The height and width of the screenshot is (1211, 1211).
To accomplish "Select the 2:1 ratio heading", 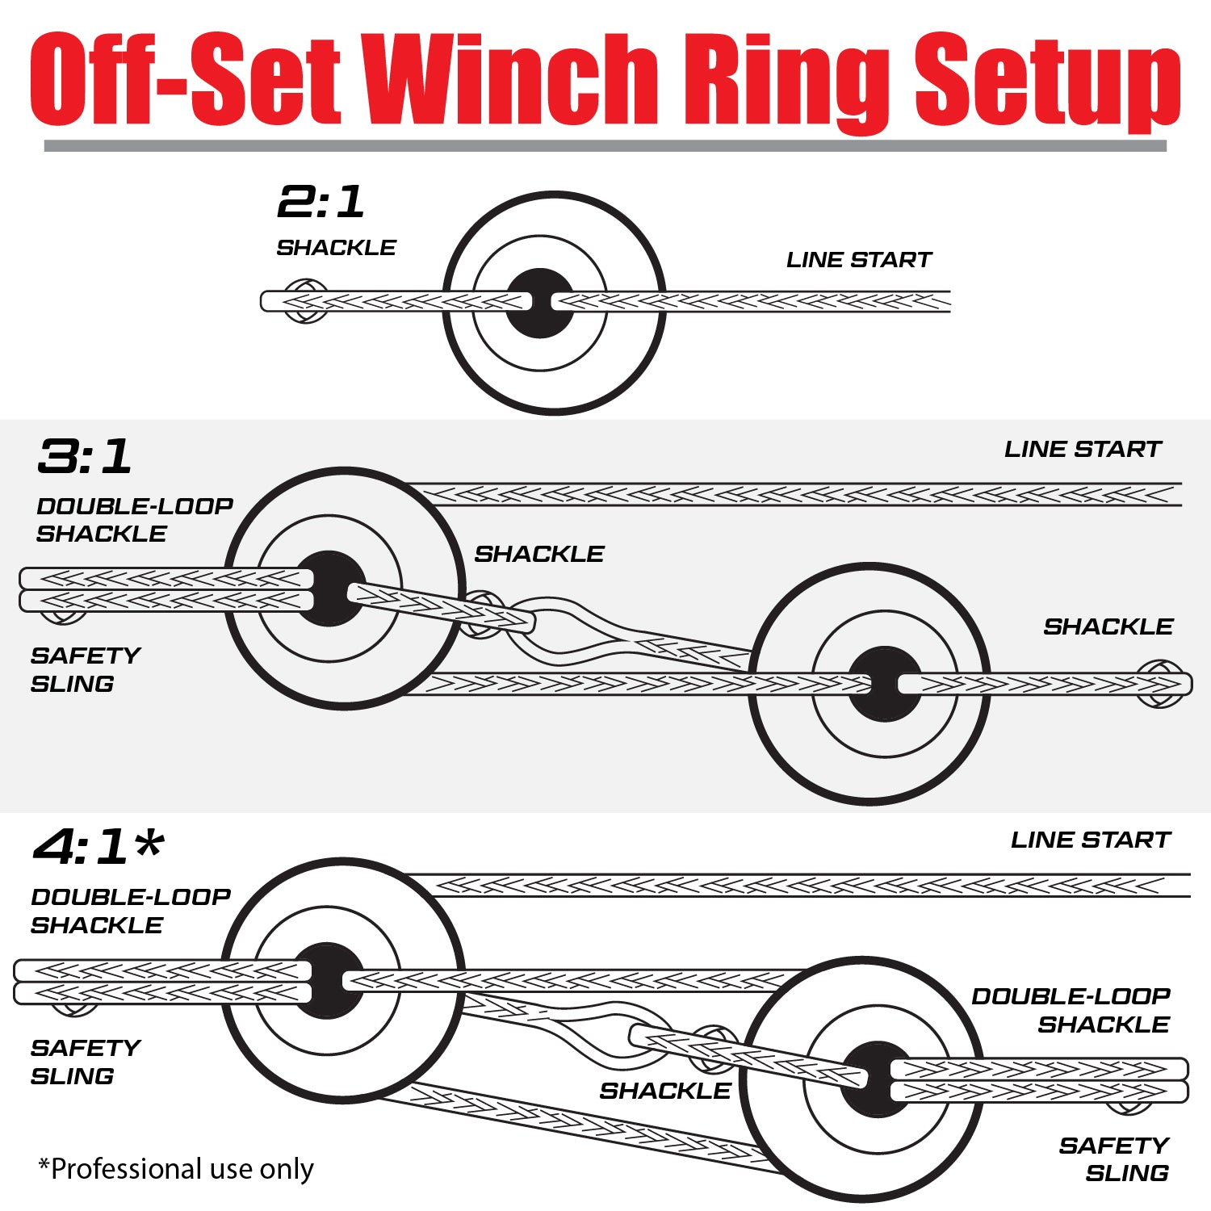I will [x=321, y=202].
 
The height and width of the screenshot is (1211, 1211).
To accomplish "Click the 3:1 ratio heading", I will [x=84, y=457].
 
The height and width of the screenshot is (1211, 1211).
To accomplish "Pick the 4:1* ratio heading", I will [x=98, y=848].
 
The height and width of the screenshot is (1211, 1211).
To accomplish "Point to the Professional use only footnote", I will [x=176, y=1168].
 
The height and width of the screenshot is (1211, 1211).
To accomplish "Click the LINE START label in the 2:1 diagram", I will [x=858, y=260].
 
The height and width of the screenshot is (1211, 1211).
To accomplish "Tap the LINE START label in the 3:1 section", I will [x=1082, y=450].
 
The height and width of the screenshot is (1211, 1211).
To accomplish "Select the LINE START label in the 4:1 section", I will [x=1090, y=840].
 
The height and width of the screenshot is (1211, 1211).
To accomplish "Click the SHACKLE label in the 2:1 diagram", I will [x=336, y=248].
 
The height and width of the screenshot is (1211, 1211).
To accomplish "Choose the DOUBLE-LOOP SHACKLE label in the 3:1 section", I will [x=134, y=520].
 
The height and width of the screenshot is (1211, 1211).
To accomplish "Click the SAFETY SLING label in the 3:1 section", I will [x=85, y=669].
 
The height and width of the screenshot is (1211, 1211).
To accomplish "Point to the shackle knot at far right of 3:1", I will [x=1160, y=684].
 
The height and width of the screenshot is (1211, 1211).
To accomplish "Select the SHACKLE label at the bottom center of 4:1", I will [x=664, y=1091].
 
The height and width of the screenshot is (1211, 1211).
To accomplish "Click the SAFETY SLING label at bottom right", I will [x=1114, y=1159].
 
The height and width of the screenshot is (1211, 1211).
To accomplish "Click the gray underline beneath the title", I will [x=605, y=146].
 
